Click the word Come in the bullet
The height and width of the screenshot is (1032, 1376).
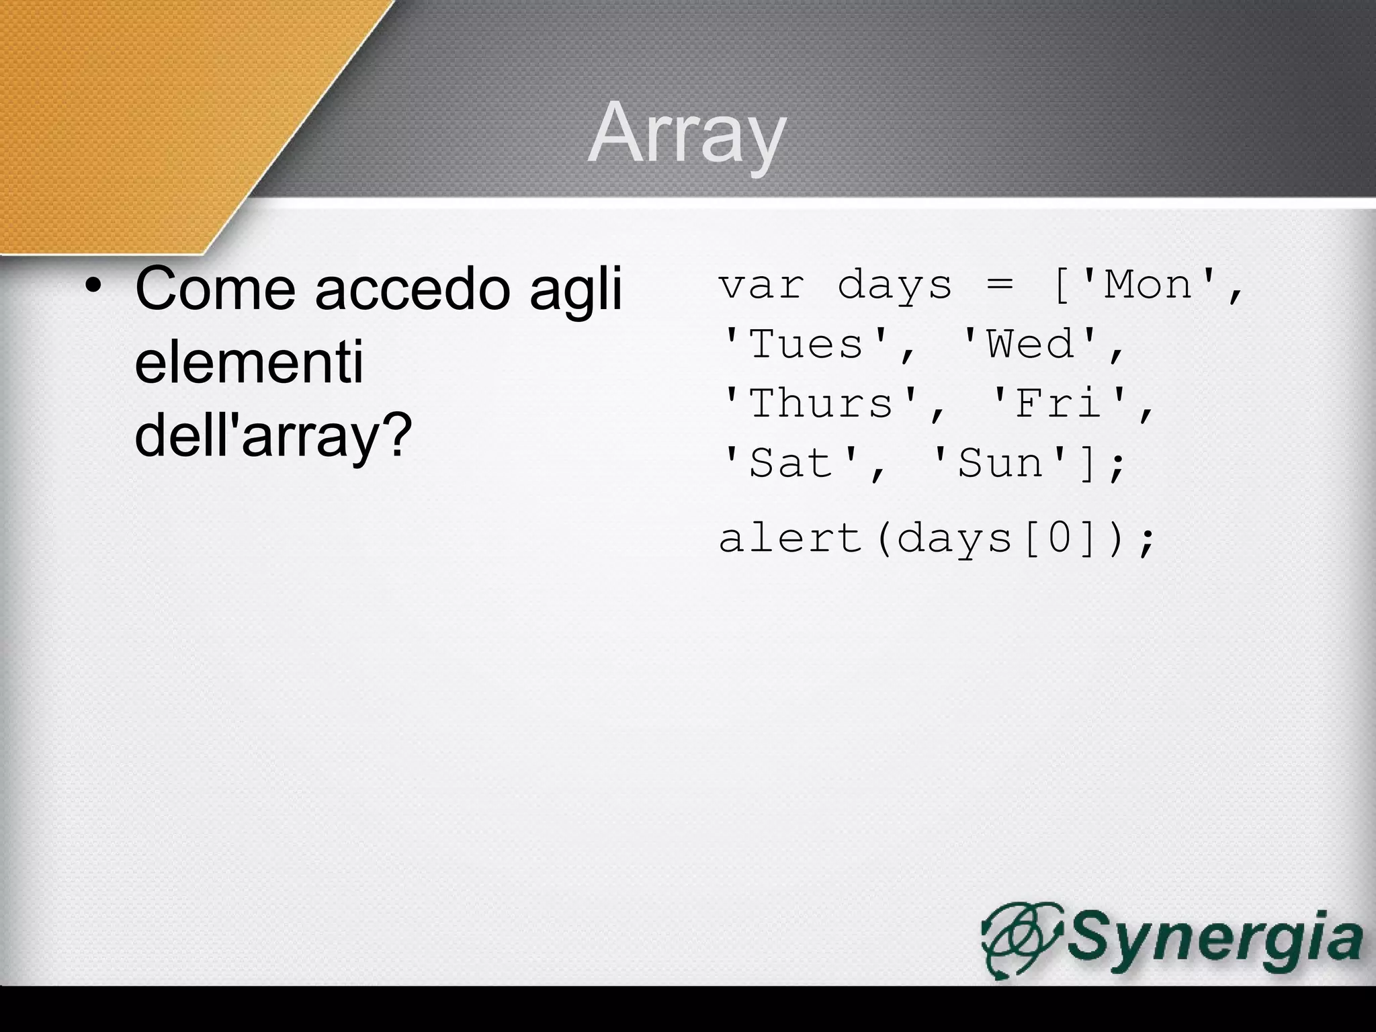[x=215, y=289]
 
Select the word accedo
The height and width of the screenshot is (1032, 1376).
[x=410, y=289]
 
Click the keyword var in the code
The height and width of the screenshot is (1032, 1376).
[x=761, y=285]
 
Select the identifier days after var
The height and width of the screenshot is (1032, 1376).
[x=895, y=285]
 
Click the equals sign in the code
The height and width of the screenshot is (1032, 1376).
[x=1000, y=285]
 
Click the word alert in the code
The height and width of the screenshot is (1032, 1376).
[x=791, y=538]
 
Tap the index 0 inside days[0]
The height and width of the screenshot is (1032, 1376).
[x=1059, y=538]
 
